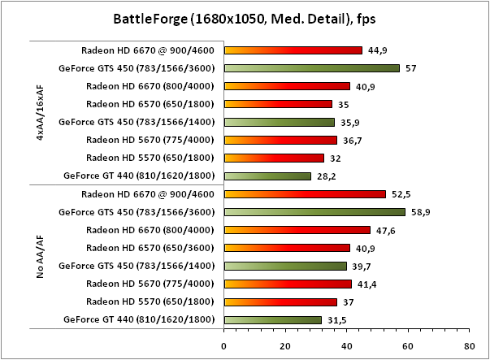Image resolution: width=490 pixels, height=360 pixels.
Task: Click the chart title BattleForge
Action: pyautogui.click(x=245, y=18)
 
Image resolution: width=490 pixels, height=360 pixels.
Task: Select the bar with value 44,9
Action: pyautogui.click(x=293, y=50)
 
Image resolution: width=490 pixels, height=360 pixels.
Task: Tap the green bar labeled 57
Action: pyautogui.click(x=311, y=68)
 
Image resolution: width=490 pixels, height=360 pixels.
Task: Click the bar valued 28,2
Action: pyautogui.click(x=267, y=176)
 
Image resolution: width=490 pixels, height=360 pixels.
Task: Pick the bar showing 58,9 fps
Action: pyautogui.click(x=314, y=212)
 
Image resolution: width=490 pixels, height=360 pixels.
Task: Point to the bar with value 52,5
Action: pyautogui.click(x=305, y=194)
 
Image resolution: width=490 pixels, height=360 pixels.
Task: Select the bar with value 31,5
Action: pyautogui.click(x=272, y=319)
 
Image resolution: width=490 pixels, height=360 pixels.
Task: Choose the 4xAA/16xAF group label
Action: pyautogui.click(x=40, y=113)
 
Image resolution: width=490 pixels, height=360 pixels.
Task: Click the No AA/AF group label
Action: pyautogui.click(x=40, y=257)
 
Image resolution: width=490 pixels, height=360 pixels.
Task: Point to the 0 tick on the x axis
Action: pyautogui.click(x=223, y=345)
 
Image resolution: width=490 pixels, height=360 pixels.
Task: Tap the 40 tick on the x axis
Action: pyautogui.click(x=346, y=345)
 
